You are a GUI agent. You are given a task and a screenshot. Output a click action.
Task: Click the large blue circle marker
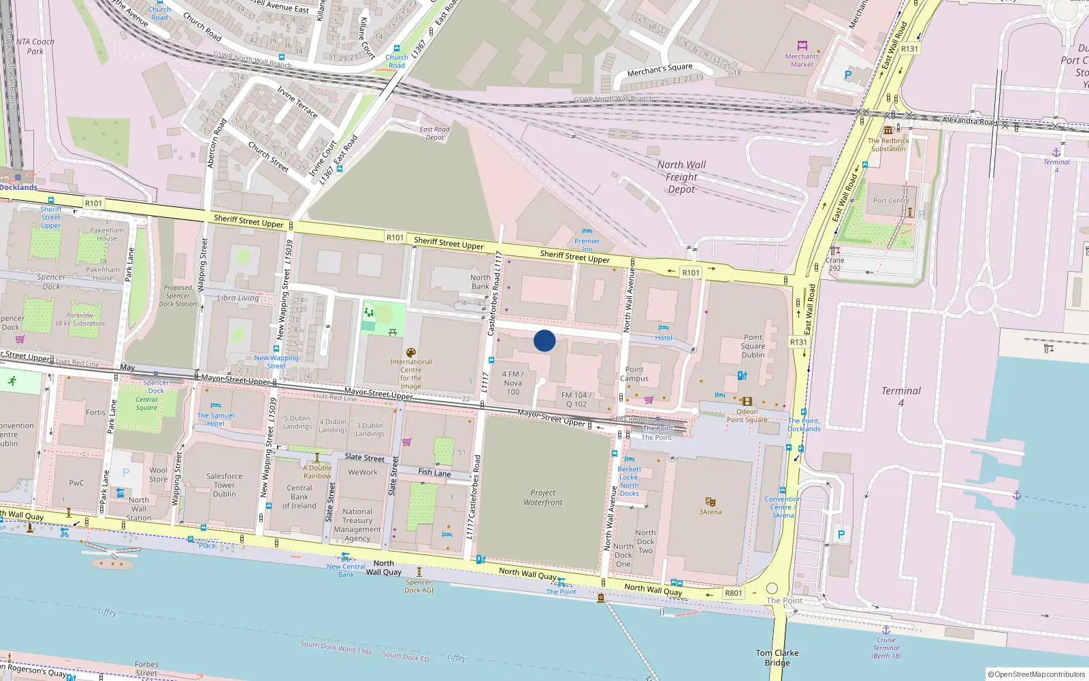pyautogui.click(x=544, y=340)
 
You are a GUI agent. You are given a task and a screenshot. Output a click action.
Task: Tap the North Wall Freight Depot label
pyautogui.click(x=681, y=177)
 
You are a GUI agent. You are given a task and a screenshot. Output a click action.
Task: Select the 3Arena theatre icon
pyautogui.click(x=710, y=502)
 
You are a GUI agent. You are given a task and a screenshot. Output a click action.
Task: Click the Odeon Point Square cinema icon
pyautogui.click(x=747, y=402)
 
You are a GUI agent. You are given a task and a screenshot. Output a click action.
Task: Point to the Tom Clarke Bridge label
pyautogui.click(x=777, y=657)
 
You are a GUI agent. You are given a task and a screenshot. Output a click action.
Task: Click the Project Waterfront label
pyautogui.click(x=543, y=497)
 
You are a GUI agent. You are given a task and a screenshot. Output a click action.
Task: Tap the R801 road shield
pyautogui.click(x=733, y=593)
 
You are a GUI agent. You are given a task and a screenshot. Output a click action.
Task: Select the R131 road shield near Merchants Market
pyautogui.click(x=909, y=49)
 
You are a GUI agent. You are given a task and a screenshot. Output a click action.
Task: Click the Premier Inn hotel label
pyautogui.click(x=587, y=244)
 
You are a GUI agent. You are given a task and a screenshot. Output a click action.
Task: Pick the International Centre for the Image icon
pyautogui.click(x=410, y=353)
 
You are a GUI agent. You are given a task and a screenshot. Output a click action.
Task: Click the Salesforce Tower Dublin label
pyautogui.click(x=224, y=485)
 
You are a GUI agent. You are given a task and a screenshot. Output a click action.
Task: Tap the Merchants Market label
pyautogui.click(x=802, y=61)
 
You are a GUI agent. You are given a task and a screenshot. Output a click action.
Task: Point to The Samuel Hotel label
pyautogui.click(x=216, y=419)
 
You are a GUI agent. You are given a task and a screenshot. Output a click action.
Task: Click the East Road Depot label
pyautogui.click(x=434, y=133)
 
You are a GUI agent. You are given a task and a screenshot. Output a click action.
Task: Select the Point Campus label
pyautogui.click(x=634, y=374)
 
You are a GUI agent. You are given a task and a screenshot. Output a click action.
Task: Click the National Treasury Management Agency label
pyautogui.click(x=357, y=524)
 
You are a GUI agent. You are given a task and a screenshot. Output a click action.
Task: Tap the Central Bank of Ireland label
pyautogui.click(x=299, y=496)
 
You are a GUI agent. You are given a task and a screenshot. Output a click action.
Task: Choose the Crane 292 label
pyautogui.click(x=834, y=264)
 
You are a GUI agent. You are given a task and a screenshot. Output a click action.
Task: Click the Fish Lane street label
pyautogui.click(x=434, y=472)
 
